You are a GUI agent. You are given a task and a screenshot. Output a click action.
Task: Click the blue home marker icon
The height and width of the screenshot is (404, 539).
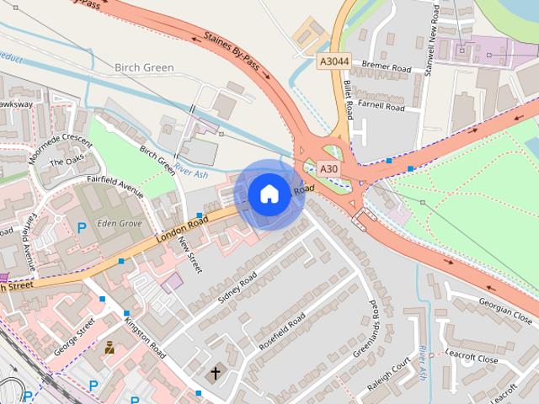(269, 194)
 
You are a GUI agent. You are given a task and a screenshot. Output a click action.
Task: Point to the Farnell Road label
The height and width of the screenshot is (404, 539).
(382, 107)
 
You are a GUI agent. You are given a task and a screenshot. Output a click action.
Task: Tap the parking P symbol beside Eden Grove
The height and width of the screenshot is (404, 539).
(82, 227)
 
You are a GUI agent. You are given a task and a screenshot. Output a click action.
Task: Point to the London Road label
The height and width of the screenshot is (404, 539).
(181, 230)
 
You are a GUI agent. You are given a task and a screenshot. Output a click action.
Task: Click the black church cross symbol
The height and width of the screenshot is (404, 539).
(216, 372)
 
